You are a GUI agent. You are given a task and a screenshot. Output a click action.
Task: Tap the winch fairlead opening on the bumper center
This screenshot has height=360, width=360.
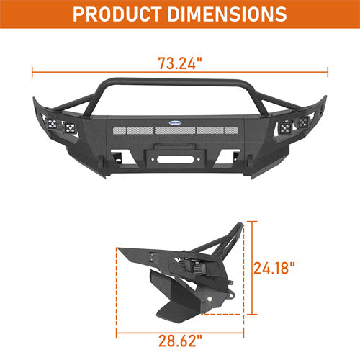[180, 156]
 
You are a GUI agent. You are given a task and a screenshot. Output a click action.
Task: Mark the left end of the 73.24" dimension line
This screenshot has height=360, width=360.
[32, 71]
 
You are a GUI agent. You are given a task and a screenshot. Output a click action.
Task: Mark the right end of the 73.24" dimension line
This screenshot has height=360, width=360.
[328, 71]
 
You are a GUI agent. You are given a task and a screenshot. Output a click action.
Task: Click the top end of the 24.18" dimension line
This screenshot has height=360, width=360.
[252, 221]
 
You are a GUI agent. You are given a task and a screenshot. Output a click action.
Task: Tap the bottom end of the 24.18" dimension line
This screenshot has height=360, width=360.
[252, 315]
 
